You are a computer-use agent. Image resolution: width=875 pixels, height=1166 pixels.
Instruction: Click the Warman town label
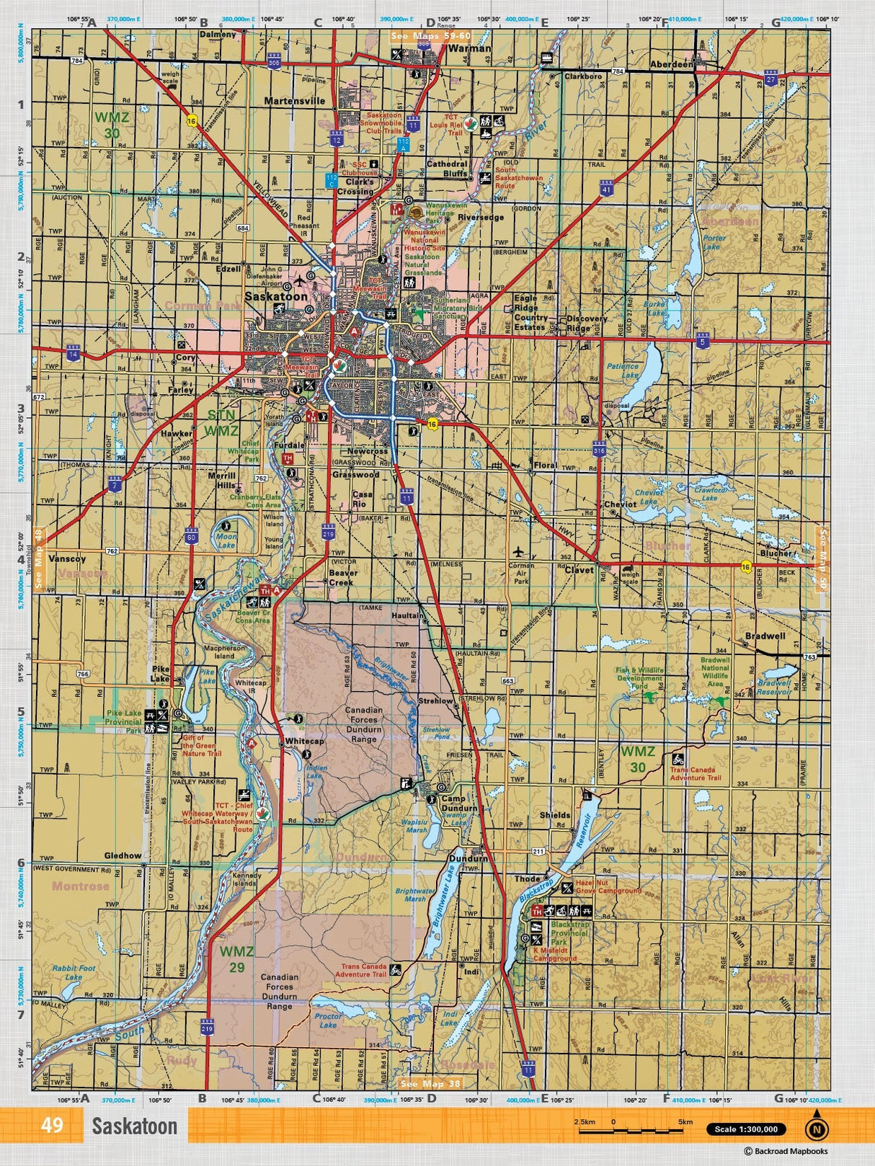[469, 49]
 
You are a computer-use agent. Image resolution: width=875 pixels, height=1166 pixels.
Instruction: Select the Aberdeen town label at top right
[671, 64]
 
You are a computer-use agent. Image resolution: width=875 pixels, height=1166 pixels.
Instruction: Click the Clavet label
[579, 569]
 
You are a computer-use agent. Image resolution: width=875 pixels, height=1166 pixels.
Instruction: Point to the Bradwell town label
[765, 636]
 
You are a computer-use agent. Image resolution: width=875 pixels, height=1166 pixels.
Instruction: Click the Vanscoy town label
[67, 558]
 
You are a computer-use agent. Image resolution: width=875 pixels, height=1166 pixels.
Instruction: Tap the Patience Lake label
[622, 370]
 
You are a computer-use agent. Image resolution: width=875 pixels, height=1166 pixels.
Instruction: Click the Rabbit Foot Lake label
[74, 973]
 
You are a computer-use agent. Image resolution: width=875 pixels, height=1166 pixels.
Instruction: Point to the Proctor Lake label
[328, 1020]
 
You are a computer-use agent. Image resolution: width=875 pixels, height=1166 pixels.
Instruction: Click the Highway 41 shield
[606, 189]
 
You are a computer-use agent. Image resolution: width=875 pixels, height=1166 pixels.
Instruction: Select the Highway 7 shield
[114, 483]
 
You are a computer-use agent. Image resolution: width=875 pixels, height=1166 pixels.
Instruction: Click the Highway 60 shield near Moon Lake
[191, 535]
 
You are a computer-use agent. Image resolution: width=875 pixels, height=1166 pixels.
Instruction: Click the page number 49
[52, 1125]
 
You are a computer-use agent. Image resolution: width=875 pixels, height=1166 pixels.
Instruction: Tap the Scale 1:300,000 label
[746, 1129]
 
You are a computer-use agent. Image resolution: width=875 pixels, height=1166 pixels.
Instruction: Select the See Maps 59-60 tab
[430, 35]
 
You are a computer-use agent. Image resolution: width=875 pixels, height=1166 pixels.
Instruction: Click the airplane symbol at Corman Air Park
[519, 551]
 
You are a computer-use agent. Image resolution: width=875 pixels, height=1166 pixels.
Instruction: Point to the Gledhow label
[123, 855]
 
